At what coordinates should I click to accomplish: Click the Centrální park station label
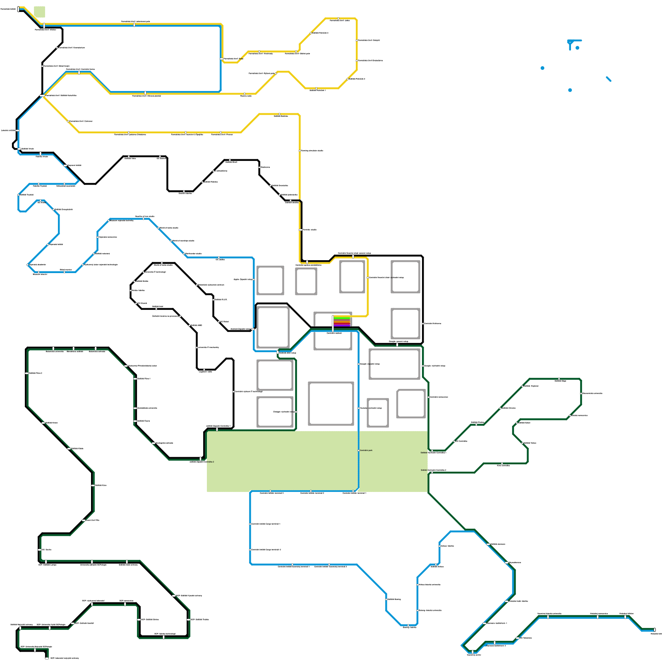(x=366, y=450)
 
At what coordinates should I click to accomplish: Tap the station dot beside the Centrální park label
(x=359, y=450)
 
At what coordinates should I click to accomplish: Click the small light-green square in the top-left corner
(x=39, y=12)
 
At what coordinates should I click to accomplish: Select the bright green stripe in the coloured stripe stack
(x=342, y=318)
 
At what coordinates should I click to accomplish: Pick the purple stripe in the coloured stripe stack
(x=342, y=326)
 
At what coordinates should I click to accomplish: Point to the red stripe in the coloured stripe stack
(x=342, y=323)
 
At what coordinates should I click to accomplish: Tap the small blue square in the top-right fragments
(x=577, y=48)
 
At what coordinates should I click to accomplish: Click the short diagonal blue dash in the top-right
(x=609, y=79)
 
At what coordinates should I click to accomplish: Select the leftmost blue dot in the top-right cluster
(x=542, y=68)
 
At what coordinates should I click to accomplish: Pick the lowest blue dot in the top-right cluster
(x=570, y=90)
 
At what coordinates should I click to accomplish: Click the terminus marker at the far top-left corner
(x=18, y=9)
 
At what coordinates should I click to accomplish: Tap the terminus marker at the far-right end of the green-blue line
(x=654, y=630)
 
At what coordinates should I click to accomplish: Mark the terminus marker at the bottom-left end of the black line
(x=47, y=657)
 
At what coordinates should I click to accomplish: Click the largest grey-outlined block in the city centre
(x=331, y=403)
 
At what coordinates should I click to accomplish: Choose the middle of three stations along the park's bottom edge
(x=311, y=491)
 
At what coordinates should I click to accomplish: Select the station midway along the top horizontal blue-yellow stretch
(x=134, y=25)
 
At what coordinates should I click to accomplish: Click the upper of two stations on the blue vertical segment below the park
(x=251, y=524)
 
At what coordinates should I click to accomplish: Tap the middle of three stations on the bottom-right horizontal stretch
(x=597, y=617)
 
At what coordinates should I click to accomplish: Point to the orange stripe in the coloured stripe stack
(x=342, y=321)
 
